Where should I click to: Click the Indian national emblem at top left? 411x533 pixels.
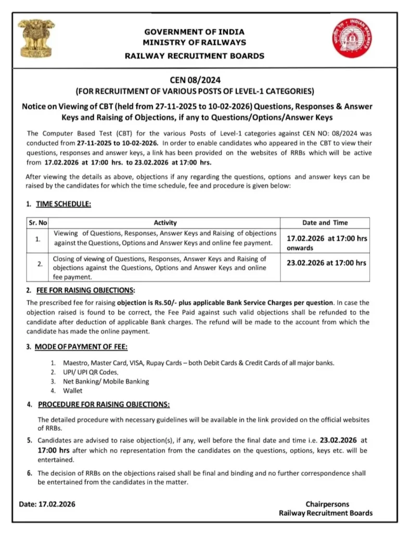[36, 39]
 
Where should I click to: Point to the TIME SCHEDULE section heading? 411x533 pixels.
[63, 204]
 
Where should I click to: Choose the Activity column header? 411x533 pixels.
[165, 222]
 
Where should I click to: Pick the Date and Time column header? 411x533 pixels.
[325, 222]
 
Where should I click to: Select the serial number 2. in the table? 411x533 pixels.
[38, 264]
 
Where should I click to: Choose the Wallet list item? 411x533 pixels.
[73, 390]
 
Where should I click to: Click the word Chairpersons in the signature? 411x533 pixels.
[327, 504]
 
